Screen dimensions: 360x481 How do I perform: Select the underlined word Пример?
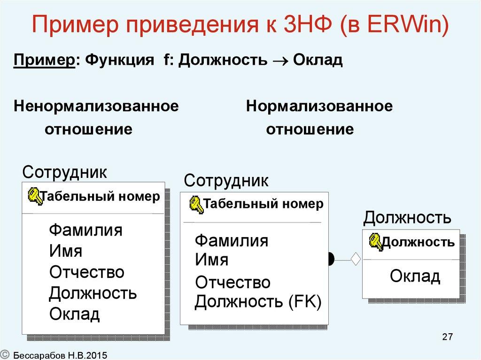point(44,61)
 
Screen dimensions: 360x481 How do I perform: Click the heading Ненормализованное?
point(96,106)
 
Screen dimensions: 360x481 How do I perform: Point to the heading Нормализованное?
point(319,106)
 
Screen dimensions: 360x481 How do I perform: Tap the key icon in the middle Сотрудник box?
point(196,205)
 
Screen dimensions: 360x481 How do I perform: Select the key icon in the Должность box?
point(375,241)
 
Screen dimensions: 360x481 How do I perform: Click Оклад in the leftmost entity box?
point(74,314)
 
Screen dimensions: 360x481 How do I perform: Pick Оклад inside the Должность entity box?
point(415,276)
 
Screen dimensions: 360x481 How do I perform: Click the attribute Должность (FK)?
point(258,302)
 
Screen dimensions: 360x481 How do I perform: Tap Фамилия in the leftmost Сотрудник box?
point(85,230)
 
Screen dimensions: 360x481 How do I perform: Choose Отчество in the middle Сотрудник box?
point(233,282)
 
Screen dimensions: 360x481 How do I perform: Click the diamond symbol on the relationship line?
point(356,258)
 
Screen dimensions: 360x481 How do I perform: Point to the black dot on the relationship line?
point(332,258)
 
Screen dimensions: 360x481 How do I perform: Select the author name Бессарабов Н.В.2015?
point(60,355)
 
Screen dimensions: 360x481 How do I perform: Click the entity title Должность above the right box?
point(407,218)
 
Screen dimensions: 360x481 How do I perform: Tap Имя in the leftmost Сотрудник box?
point(65,251)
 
